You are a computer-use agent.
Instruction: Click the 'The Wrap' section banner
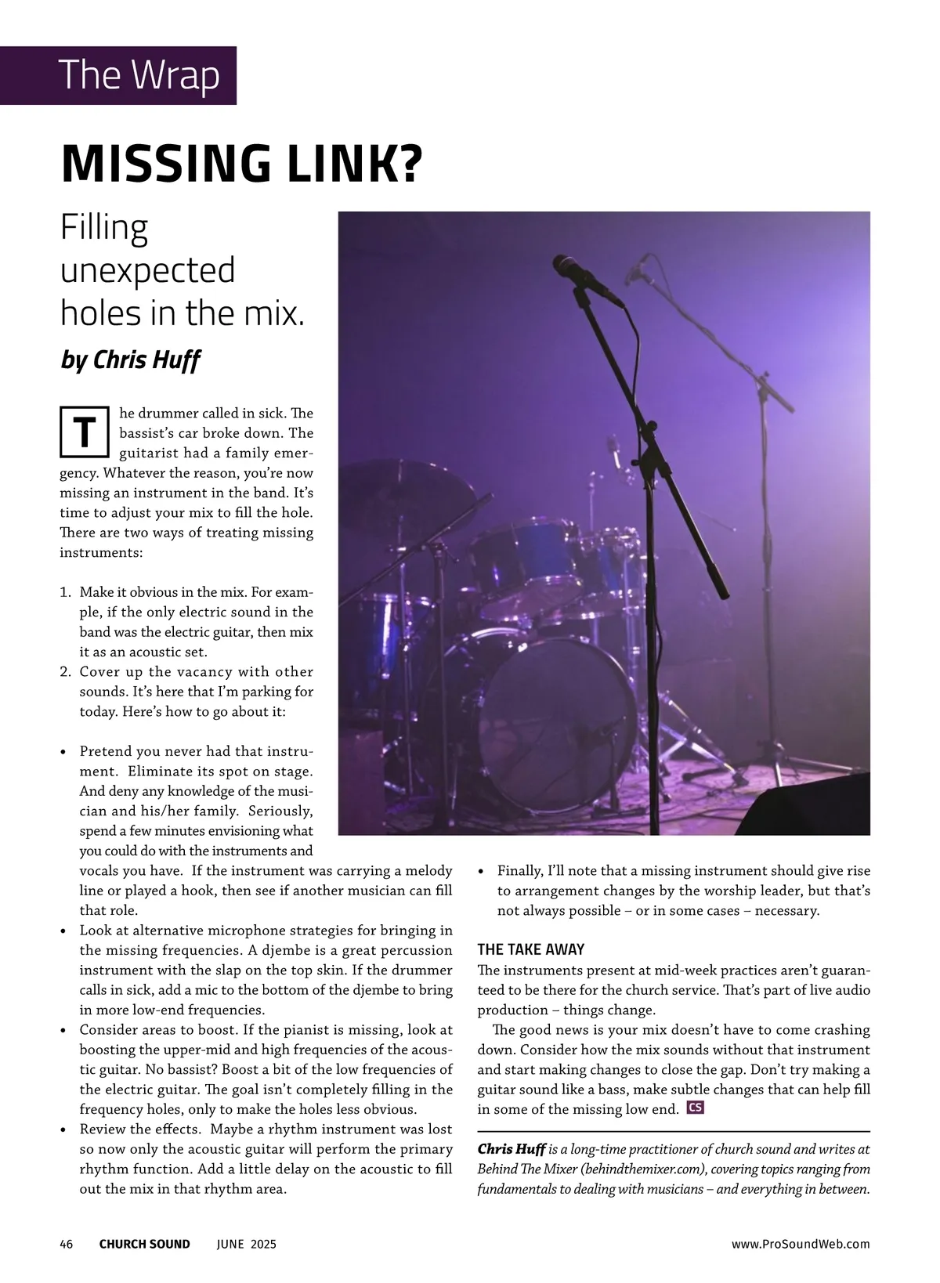tap(139, 75)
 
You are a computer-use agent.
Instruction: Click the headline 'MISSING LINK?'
tap(241, 162)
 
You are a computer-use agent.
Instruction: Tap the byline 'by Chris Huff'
tap(131, 360)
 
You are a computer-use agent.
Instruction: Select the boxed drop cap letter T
tap(83, 432)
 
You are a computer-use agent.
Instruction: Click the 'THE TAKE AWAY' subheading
tap(530, 949)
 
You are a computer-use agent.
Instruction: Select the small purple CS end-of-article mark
tap(694, 1108)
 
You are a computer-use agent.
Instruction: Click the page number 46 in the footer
tap(67, 1244)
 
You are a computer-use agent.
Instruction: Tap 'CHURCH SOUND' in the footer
tap(144, 1244)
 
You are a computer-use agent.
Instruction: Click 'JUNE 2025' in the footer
tap(246, 1244)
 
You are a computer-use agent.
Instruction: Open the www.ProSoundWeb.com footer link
tap(801, 1244)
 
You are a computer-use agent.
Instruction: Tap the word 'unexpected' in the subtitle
tap(148, 271)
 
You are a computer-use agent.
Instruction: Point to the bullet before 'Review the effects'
tap(63, 1130)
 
